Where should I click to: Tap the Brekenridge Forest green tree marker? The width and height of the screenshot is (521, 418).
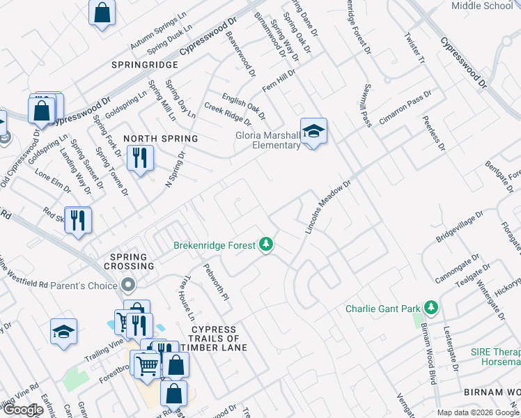(265, 245)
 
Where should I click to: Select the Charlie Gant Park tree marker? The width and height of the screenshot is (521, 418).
(431, 307)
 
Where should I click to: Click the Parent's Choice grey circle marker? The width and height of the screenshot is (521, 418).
(127, 285)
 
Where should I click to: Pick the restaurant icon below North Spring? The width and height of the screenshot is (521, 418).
(139, 159)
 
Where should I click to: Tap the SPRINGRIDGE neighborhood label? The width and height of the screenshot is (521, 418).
(144, 64)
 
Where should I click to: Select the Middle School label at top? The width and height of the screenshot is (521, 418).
(482, 6)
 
